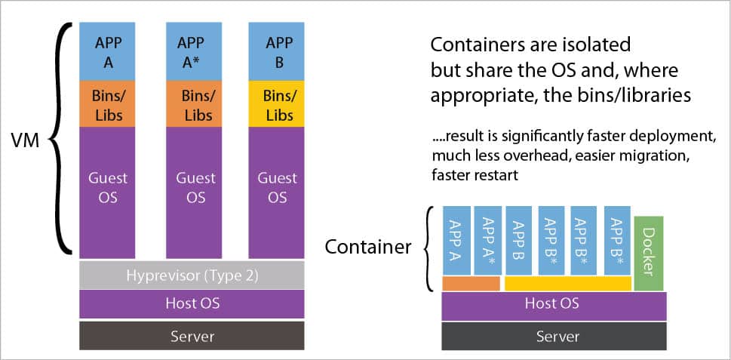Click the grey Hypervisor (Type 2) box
pyautogui.click(x=192, y=275)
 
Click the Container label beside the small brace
pyautogui.click(x=367, y=246)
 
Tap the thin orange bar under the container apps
pyautogui.click(x=471, y=284)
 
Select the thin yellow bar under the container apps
pyautogui.click(x=567, y=284)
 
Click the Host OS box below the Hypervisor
pyautogui.click(x=192, y=303)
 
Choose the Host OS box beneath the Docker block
pyautogui.click(x=553, y=303)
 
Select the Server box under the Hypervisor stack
pyautogui.click(x=192, y=336)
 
